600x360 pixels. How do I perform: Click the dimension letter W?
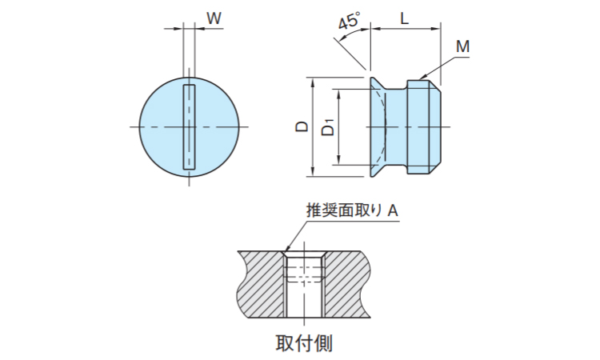point(214,17)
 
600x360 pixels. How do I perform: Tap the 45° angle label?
point(348,22)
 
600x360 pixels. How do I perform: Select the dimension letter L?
point(405,17)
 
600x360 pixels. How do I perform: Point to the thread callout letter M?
point(462,47)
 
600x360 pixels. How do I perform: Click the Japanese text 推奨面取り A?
point(352,210)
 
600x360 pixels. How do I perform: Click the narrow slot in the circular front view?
point(190,126)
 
